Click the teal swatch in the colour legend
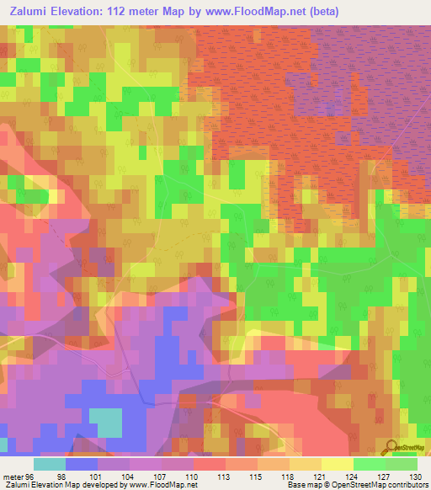[x=50, y=463]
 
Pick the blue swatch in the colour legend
[x=82, y=463]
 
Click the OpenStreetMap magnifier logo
[x=392, y=446]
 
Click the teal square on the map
[x=104, y=422]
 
